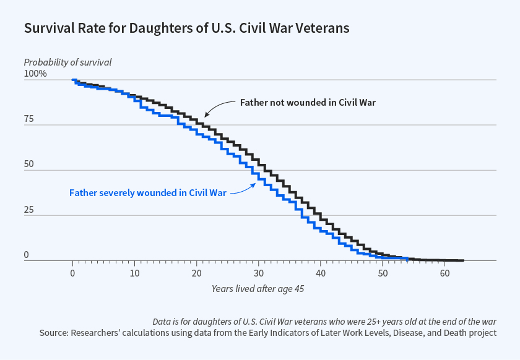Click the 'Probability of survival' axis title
pos(67,62)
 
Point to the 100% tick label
pos(35,74)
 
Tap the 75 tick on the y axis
pos(29,119)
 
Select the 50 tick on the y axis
pos(29,164)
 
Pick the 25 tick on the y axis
pos(29,209)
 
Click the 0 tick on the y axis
pos(27,255)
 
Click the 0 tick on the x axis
pos(73,273)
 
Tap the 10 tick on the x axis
pos(135,273)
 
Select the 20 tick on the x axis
pos(197,273)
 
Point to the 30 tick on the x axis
pos(259,273)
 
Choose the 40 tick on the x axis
pos(321,273)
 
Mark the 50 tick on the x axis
pos(383,273)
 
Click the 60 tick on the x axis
pos(444,273)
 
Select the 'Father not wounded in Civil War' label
pos(308,102)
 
